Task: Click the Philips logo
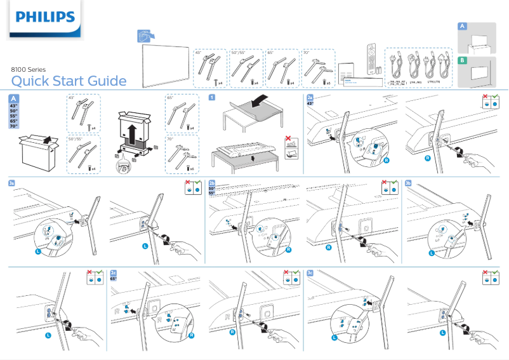(x=45, y=18)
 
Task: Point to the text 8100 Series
(x=29, y=70)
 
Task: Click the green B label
(x=463, y=60)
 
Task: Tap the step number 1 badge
(x=211, y=97)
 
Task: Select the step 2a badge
(x=310, y=97)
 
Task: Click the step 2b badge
(x=212, y=183)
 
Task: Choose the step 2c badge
(x=114, y=272)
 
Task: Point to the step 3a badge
(x=12, y=183)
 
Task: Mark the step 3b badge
(x=408, y=183)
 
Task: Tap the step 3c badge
(x=310, y=272)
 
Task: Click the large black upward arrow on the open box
(x=133, y=134)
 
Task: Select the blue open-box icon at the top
(x=145, y=36)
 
